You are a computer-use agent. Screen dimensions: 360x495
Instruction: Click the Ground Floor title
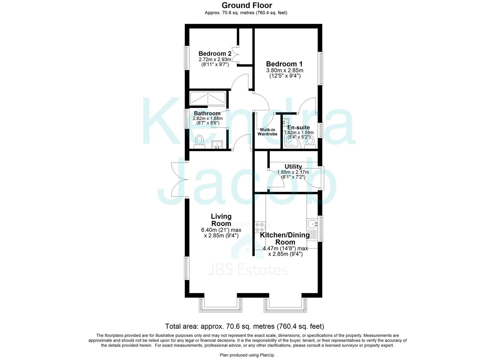pyautogui.click(x=247, y=5)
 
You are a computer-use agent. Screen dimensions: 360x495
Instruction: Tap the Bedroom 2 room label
pyautogui.click(x=215, y=54)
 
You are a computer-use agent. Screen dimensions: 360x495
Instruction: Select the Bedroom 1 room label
pyautogui.click(x=281, y=64)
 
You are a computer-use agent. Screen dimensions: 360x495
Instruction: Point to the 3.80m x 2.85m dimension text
pyautogui.click(x=285, y=71)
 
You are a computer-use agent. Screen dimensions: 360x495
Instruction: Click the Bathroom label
pyautogui.click(x=207, y=113)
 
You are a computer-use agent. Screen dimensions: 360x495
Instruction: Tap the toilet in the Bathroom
pyautogui.click(x=199, y=141)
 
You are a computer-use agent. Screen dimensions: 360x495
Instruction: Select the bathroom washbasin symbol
pyautogui.click(x=217, y=145)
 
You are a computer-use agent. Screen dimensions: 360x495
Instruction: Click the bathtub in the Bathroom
pyautogui.click(x=208, y=99)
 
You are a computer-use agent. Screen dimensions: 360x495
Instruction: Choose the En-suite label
pyautogui.click(x=298, y=127)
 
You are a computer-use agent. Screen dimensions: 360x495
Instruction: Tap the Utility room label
pyautogui.click(x=293, y=167)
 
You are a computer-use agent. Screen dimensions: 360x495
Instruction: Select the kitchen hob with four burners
pyautogui.click(x=259, y=227)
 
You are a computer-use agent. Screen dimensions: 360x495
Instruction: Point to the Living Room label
pyautogui.click(x=221, y=220)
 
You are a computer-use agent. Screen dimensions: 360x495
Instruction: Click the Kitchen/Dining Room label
pyautogui.click(x=285, y=238)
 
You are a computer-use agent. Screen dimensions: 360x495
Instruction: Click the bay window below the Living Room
pyautogui.click(x=220, y=305)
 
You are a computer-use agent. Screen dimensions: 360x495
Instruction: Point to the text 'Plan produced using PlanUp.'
pyautogui.click(x=247, y=355)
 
